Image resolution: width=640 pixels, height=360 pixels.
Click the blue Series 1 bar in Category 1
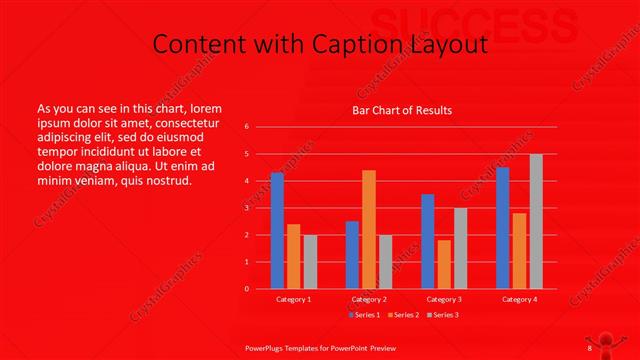277,230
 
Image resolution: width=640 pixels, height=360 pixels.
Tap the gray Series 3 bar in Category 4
536,221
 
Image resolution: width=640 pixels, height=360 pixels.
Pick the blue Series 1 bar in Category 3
428,241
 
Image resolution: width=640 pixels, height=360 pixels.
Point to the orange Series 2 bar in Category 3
443,264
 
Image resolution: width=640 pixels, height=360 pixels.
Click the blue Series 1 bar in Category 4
503,227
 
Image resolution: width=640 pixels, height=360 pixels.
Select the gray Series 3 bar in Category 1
310,261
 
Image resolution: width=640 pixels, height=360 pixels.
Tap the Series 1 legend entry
367,316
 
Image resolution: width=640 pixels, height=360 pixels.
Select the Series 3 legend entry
444,316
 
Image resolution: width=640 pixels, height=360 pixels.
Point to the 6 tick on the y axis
247,127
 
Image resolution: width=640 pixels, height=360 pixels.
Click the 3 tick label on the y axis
247,208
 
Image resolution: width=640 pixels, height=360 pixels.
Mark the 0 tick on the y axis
247,289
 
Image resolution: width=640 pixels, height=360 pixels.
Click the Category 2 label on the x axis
369,299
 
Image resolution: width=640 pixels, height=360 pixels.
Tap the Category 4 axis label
519,299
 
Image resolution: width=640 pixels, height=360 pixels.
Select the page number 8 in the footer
590,347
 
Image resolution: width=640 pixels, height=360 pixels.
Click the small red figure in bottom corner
619,338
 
